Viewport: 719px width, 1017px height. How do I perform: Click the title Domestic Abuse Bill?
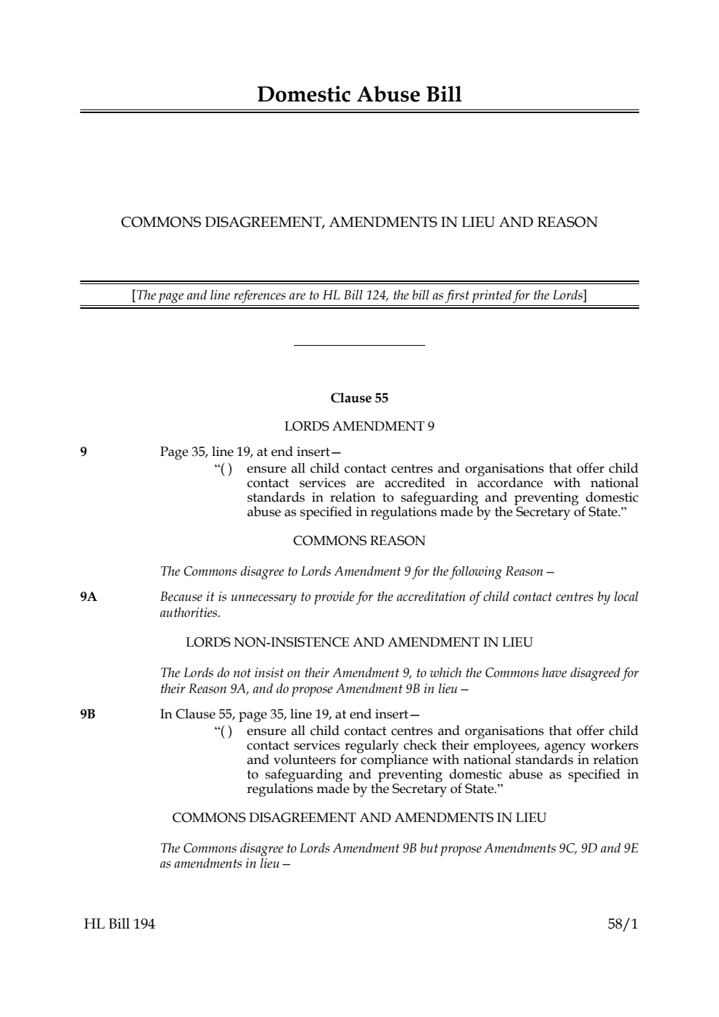[x=359, y=94]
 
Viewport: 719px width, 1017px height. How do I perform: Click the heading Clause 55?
[x=359, y=398]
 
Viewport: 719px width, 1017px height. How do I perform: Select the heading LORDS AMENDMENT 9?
[x=359, y=426]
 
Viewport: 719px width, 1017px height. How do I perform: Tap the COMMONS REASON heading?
[x=359, y=541]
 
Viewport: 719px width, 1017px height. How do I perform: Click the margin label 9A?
[x=89, y=597]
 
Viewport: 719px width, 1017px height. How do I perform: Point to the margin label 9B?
[x=88, y=715]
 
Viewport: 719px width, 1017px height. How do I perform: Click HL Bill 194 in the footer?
[x=119, y=924]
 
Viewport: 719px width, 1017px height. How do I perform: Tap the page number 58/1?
[x=623, y=924]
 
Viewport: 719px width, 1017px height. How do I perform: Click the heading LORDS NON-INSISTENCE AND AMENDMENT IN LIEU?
[x=359, y=642]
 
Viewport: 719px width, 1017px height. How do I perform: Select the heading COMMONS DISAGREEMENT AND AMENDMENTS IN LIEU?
[x=359, y=818]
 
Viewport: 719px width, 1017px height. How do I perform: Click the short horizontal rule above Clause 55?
[x=359, y=346]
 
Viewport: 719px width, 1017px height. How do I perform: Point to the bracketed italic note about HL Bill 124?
[x=359, y=295]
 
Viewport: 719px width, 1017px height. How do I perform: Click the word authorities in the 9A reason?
[x=189, y=613]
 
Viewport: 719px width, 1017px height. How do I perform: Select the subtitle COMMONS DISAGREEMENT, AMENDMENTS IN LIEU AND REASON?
[x=359, y=223]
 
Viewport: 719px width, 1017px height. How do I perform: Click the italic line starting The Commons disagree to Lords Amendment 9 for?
[x=357, y=572]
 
